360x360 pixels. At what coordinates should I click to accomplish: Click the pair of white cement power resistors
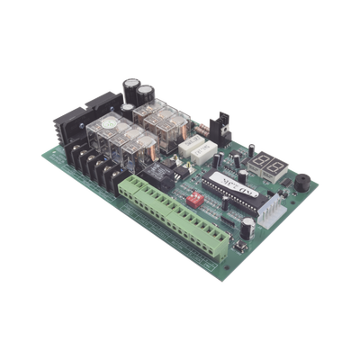tap(189, 142)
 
